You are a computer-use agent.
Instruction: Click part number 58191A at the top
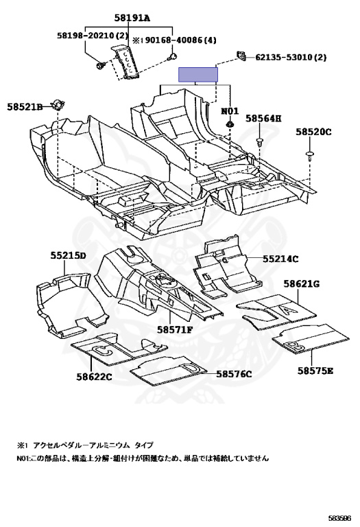point(132,18)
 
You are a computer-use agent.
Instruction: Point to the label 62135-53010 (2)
point(291,58)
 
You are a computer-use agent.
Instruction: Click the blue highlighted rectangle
point(197,75)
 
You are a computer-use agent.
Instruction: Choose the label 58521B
point(25,107)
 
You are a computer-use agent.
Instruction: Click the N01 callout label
point(230,111)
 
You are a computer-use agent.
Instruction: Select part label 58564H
point(263,118)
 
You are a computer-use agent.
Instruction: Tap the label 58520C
point(313,132)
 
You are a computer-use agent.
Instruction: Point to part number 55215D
point(68,256)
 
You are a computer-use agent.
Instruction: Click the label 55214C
point(280,259)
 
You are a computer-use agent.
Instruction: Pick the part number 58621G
point(302,284)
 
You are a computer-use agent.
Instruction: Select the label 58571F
point(175,329)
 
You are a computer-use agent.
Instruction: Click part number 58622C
point(94,377)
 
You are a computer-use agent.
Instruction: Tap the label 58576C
point(234,374)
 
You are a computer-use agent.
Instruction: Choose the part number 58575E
point(315,371)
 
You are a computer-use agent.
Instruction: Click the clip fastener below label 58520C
point(310,155)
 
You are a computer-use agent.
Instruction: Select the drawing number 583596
point(340,518)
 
